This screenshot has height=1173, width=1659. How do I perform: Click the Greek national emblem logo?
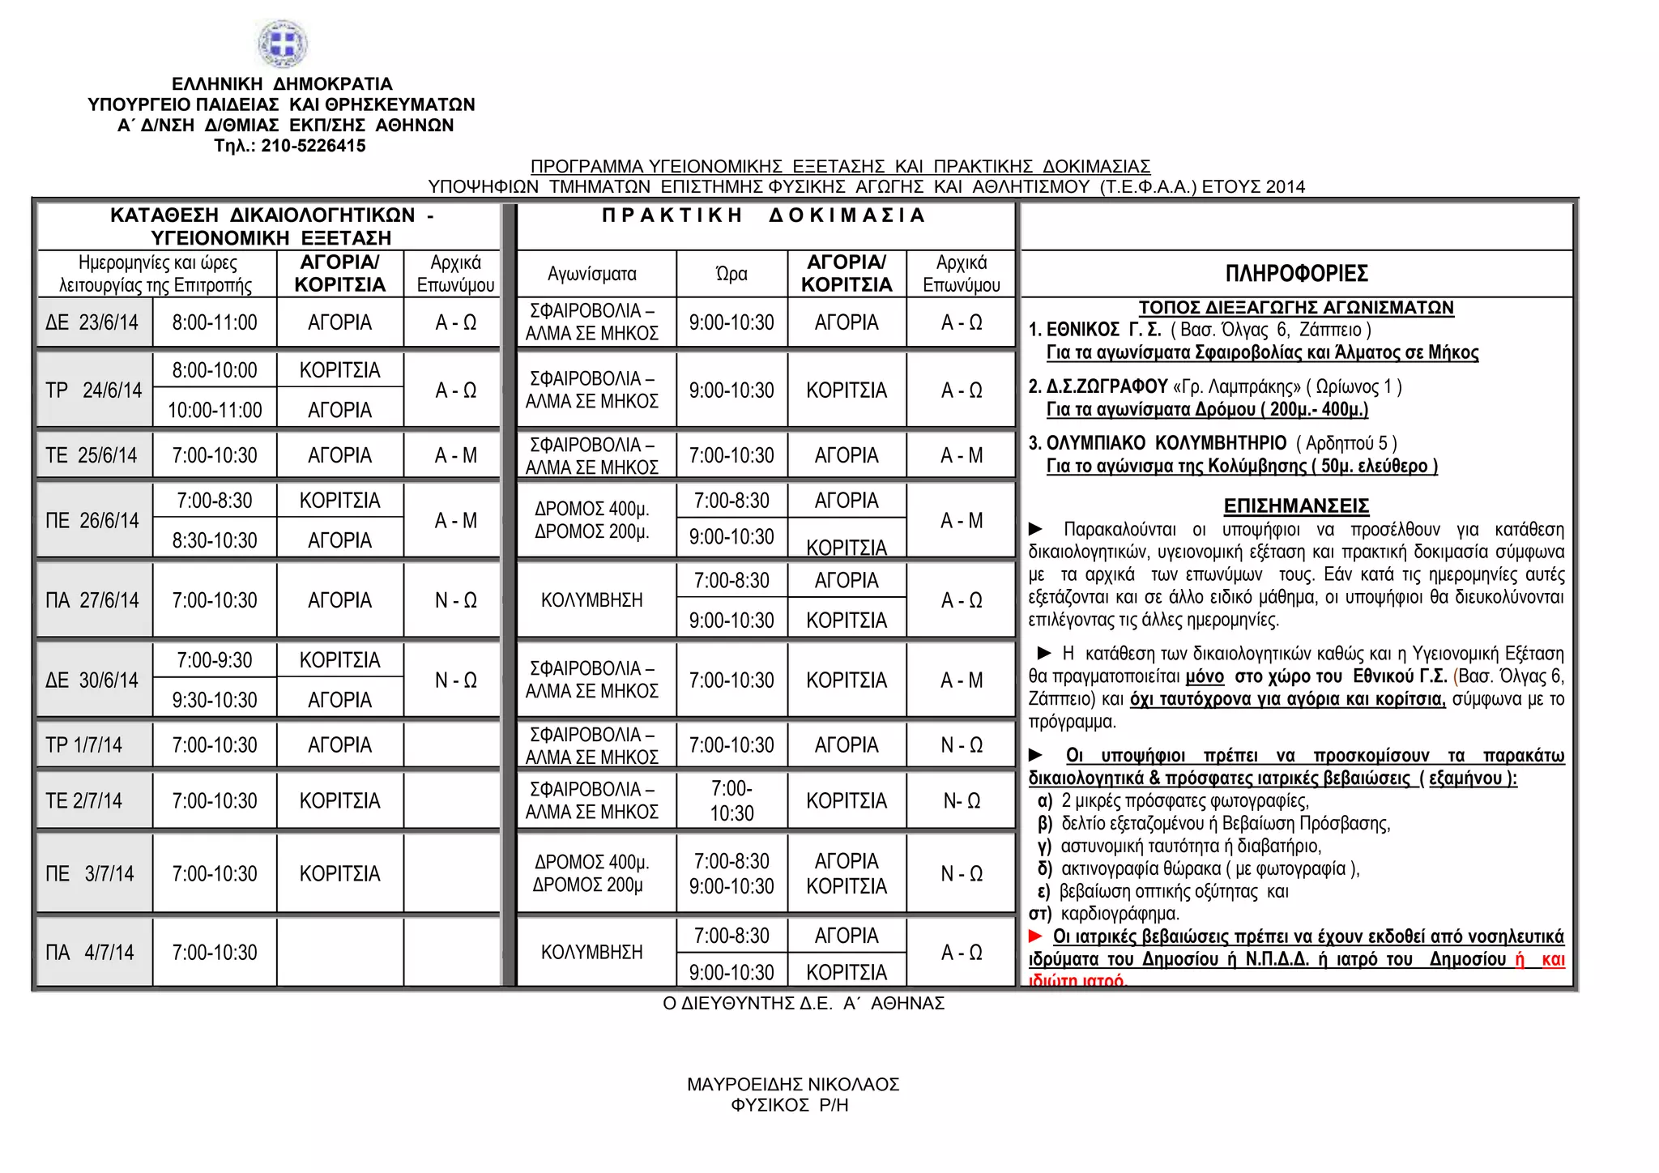[x=283, y=43]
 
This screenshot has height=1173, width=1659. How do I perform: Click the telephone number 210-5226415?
[x=313, y=146]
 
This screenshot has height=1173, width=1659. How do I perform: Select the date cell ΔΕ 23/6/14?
[x=92, y=322]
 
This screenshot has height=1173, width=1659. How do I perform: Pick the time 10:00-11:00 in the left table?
[x=215, y=411]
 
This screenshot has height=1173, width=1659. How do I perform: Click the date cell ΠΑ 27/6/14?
[x=92, y=600]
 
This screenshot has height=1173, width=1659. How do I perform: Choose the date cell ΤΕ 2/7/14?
[x=84, y=801]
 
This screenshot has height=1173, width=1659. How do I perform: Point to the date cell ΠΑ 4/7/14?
[x=90, y=953]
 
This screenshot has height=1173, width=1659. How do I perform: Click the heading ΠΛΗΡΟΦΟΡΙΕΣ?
[x=1296, y=274]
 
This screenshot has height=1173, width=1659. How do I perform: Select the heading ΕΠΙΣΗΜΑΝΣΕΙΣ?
[x=1296, y=506]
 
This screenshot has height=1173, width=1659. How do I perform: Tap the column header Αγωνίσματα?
[x=592, y=274]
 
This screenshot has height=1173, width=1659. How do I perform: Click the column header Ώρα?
[x=731, y=274]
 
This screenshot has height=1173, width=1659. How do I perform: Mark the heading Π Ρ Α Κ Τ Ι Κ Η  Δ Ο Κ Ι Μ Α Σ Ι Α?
[x=764, y=215]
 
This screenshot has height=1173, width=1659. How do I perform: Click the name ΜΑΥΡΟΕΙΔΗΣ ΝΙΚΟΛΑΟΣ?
[x=793, y=1084]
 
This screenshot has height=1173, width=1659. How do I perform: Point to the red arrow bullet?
[x=1035, y=936]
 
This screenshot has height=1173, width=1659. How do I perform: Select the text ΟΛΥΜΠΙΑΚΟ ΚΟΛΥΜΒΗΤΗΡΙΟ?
[x=1166, y=443]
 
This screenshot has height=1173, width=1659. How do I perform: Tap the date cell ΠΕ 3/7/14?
[x=90, y=874]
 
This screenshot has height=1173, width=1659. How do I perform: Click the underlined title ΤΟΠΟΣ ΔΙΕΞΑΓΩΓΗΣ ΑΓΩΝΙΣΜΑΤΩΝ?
[x=1296, y=308]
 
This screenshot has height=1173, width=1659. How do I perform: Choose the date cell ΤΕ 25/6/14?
[x=92, y=455]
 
